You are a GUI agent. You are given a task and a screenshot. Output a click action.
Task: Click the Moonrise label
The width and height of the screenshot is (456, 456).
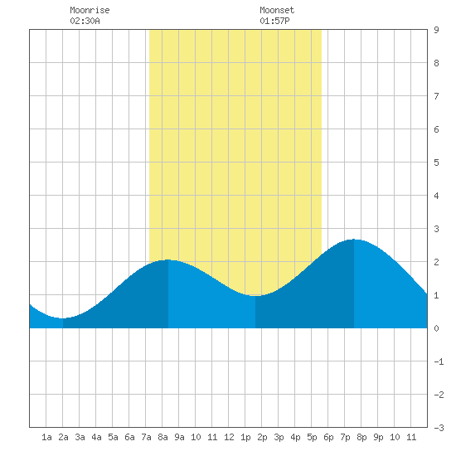pos(90,10)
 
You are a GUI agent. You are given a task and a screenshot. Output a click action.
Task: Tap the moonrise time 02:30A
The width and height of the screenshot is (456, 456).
pos(85,21)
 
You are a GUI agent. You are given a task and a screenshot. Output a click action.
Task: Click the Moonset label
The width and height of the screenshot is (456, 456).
pos(277,10)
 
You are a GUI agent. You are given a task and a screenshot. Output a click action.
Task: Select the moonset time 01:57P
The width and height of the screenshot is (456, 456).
pos(274,21)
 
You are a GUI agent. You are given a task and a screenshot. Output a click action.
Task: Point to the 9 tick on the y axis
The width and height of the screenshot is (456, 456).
pos(436,30)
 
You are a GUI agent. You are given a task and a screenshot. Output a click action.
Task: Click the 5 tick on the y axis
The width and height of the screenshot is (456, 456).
pos(436,163)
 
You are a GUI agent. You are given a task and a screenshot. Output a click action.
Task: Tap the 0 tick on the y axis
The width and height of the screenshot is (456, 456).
pos(436,328)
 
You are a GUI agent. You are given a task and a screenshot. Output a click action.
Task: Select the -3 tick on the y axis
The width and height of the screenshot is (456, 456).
pos(439,428)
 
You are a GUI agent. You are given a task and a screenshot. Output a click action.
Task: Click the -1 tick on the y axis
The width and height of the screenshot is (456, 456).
pos(439,361)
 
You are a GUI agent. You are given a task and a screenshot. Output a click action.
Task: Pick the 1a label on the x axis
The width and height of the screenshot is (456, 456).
pos(46,437)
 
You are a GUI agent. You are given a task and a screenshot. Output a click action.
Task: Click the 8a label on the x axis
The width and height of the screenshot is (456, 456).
pos(163,437)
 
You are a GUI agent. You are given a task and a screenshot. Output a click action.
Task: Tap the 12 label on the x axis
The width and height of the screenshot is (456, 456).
pos(229,437)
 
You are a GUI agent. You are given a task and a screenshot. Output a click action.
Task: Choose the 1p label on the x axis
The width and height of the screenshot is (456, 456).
pos(245,437)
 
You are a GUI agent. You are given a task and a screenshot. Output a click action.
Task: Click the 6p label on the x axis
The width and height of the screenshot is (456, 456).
pos(328,437)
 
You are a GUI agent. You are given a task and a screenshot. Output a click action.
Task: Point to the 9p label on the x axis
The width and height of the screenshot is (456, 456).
pos(378,437)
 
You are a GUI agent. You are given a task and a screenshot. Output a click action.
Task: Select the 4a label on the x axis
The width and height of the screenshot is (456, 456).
pos(96,437)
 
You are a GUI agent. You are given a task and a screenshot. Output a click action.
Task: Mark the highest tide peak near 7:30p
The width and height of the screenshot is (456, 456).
pos(354,240)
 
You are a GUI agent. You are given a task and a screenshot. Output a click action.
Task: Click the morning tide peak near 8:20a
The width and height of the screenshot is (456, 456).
pos(167,260)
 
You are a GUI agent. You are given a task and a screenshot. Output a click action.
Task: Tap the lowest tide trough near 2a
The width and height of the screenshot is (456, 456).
pos(63,318)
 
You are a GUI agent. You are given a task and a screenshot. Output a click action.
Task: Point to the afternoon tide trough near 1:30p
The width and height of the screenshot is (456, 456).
pos(255,295)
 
